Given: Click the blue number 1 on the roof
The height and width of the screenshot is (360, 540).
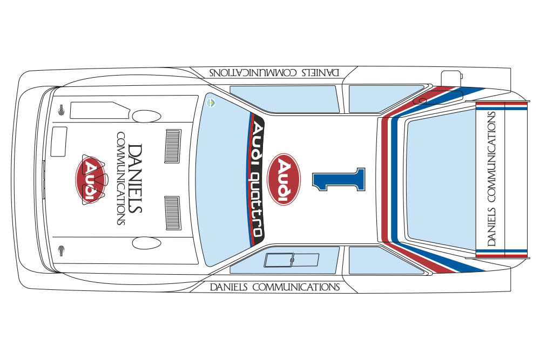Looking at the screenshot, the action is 339,179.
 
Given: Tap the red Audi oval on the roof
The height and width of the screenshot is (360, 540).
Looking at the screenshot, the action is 284,179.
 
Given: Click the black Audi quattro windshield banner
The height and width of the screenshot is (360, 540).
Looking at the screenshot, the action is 256,179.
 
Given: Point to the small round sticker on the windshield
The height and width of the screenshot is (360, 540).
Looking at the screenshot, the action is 211,103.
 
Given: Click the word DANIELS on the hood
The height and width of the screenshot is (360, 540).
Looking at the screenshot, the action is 134,179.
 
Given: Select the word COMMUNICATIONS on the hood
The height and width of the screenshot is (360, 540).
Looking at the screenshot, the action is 120,178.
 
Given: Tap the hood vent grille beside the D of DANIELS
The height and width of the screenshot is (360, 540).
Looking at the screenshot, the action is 173,146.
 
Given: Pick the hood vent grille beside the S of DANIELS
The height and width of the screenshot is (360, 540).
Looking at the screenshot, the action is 173,213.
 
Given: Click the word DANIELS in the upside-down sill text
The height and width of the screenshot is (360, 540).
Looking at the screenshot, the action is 321,73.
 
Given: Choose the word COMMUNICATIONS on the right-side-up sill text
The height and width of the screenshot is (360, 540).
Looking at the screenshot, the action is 296,287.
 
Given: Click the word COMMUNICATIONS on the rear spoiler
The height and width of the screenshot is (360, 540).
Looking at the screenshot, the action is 491,157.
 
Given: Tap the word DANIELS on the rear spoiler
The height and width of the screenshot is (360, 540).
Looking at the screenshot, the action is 491,227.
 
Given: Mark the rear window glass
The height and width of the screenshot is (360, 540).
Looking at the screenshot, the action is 441,179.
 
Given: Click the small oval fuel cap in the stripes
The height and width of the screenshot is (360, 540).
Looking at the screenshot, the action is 423,100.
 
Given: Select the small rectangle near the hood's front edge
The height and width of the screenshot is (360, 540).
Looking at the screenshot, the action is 59,141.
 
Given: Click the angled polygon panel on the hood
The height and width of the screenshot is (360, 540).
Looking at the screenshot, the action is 99,110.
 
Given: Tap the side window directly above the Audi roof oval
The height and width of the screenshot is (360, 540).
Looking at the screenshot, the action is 284,99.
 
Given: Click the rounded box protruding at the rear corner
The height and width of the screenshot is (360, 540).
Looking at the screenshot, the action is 451,78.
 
